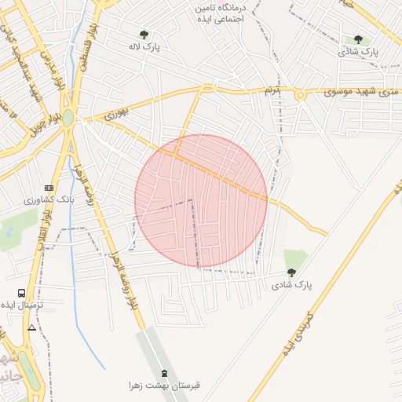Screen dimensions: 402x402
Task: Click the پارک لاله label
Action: pos(146,47)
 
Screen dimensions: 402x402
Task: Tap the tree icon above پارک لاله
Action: pos(144,35)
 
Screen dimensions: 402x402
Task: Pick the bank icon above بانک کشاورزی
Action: pos(49,188)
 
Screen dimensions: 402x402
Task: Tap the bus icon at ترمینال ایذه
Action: pos(21,293)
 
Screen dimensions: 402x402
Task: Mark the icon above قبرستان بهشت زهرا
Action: pos(164,372)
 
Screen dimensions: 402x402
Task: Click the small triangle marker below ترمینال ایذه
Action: pos(31,327)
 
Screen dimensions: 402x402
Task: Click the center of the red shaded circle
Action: pos(201,201)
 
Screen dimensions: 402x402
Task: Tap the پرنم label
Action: pos(272,91)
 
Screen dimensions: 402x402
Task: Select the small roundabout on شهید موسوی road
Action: pos(300,95)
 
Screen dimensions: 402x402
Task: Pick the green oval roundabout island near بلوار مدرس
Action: pos(68,119)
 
